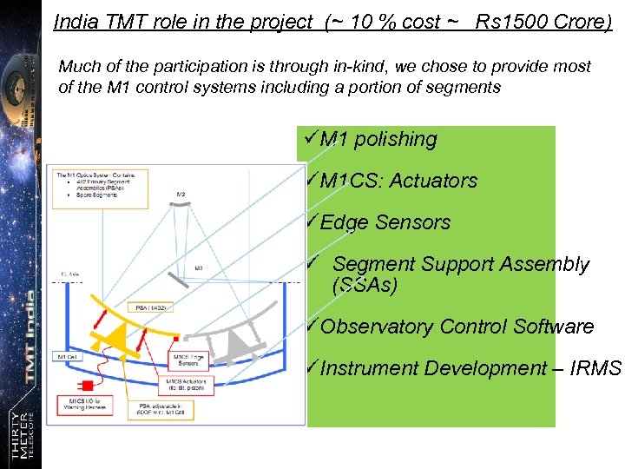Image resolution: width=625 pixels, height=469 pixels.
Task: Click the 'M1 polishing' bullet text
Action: [x=378, y=139]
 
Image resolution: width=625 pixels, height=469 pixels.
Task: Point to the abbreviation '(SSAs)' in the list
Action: [x=364, y=285]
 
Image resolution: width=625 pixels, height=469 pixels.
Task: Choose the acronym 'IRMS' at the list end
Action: [x=598, y=368]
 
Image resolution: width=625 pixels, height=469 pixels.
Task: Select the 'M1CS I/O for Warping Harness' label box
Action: [x=88, y=403]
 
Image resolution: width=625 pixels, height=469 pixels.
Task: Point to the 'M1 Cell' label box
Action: [x=68, y=357]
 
